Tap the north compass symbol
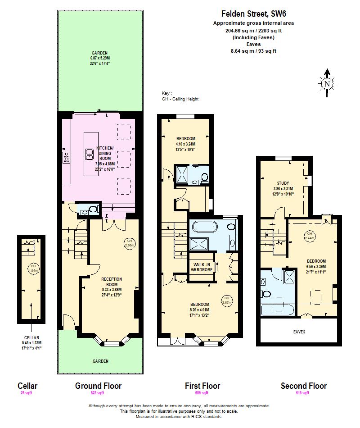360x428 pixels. point(327,82)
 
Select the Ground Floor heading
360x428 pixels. point(98,386)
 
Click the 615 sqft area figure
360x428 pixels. point(303,393)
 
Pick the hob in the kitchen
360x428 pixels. point(67,157)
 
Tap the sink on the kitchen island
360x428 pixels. point(89,155)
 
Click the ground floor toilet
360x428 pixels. point(93,209)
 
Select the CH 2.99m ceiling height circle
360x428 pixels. point(129,243)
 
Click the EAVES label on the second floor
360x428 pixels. point(299,332)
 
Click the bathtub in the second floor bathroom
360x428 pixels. point(275,310)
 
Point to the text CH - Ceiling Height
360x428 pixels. point(180,99)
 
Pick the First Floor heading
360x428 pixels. point(202,386)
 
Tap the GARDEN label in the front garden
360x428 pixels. point(100,361)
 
